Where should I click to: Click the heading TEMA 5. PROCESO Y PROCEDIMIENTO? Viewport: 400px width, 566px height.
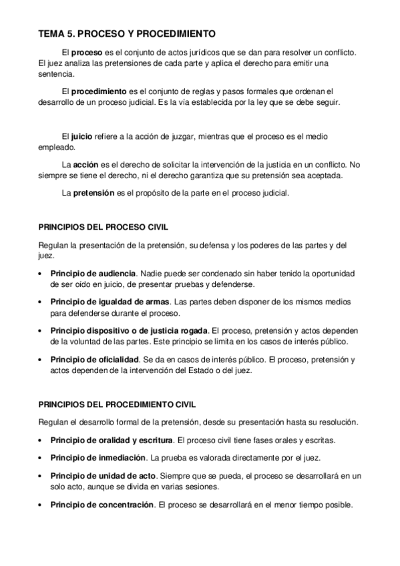[126, 32]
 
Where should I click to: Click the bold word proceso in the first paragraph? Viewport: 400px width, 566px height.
[87, 52]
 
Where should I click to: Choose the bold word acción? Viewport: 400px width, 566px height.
[86, 164]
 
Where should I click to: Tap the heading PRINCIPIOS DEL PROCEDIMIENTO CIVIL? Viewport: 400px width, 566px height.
[118, 404]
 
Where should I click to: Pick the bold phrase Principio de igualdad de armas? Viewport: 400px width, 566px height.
[110, 302]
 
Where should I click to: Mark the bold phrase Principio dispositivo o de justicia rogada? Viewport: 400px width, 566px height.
[130, 330]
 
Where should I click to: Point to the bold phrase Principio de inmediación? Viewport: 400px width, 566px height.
[97, 458]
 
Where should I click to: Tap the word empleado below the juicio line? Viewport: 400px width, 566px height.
[57, 148]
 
